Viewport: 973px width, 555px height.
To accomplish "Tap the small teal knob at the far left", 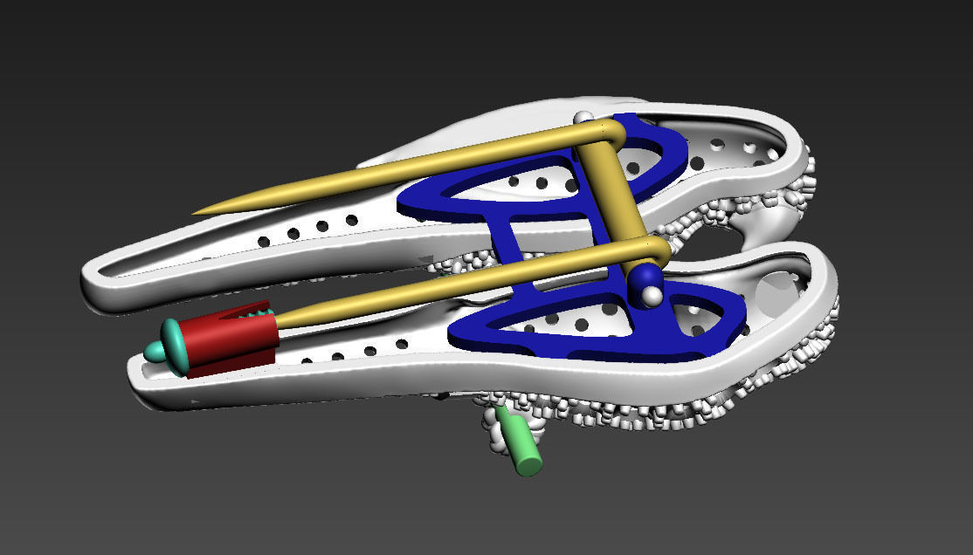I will coord(154,352).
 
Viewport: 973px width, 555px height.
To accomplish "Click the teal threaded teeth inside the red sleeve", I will coord(260,310).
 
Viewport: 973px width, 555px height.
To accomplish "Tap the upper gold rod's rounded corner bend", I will coord(615,130).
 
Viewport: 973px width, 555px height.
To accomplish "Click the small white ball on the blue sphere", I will coord(652,296).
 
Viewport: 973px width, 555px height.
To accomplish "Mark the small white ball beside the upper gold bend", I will coord(583,117).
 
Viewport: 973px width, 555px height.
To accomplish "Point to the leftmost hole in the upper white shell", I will coord(263,239).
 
